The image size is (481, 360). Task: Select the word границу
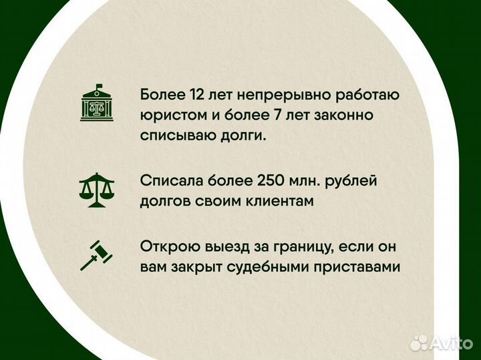tap(297, 246)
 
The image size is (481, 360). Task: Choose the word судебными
tap(270, 266)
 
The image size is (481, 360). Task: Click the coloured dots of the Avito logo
tap(419, 342)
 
